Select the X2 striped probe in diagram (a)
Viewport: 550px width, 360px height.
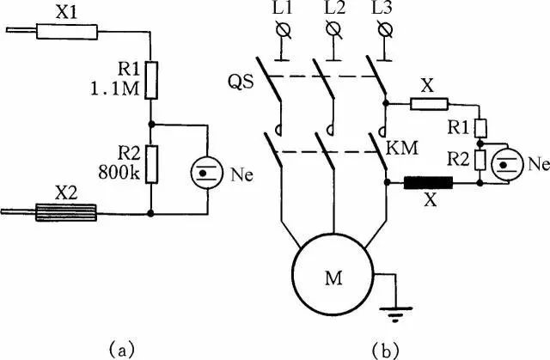(x=69, y=211)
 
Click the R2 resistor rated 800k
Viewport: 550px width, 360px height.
(x=150, y=164)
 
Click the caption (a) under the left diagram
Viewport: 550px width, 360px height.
(x=121, y=347)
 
